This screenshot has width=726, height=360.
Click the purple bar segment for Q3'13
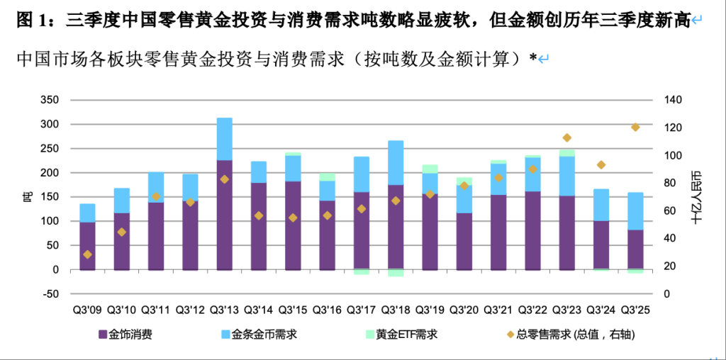224,215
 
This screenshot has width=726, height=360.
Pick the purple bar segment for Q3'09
87,246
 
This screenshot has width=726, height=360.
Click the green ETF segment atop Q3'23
566,152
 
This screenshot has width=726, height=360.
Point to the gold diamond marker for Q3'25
635,128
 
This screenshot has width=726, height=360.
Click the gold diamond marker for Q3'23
566,137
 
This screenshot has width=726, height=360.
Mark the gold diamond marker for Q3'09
87,254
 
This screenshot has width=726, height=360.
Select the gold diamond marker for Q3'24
601,165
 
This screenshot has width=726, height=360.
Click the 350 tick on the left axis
50,100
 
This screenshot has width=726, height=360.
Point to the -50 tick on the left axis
50,294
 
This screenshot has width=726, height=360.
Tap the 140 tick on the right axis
673,100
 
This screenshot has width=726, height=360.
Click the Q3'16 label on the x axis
327,310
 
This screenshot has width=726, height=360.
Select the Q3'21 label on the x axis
498,310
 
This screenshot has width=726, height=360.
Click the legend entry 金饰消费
130,334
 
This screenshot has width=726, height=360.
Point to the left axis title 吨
27,197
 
